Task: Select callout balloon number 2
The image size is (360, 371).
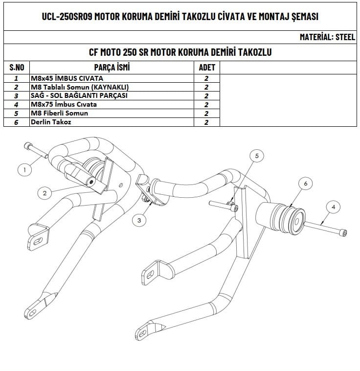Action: (x=45, y=193)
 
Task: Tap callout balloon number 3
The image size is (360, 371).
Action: (x=139, y=221)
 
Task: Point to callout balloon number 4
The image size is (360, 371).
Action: (x=333, y=207)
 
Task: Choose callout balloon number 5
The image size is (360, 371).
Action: (x=257, y=156)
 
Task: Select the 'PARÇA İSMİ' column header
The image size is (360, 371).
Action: (x=112, y=67)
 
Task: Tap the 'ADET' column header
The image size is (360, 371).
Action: (x=206, y=67)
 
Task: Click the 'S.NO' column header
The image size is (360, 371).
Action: (x=17, y=67)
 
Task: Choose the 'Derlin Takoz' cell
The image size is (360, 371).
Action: (x=50, y=122)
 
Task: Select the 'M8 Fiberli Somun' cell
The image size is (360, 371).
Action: (x=59, y=113)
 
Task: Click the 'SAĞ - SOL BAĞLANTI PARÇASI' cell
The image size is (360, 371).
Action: (x=79, y=95)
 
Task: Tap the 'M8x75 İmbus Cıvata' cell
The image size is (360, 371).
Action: (x=64, y=104)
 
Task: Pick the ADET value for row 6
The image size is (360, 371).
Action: (x=206, y=122)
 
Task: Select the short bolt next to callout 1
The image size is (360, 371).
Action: (x=35, y=150)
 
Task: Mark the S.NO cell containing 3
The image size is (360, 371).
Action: (x=17, y=96)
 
